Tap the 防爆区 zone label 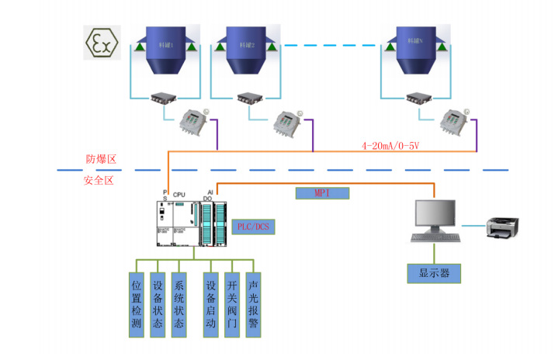[100, 160]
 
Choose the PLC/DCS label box [254, 227]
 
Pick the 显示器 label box [434, 273]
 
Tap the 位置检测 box [137, 303]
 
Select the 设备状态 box [158, 303]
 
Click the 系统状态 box [179, 303]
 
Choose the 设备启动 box [210, 303]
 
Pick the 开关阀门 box [231, 303]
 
